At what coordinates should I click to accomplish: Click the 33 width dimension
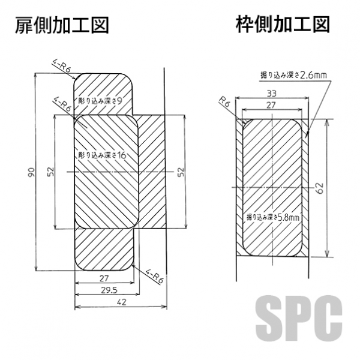271,93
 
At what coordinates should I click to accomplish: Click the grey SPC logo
302,317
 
